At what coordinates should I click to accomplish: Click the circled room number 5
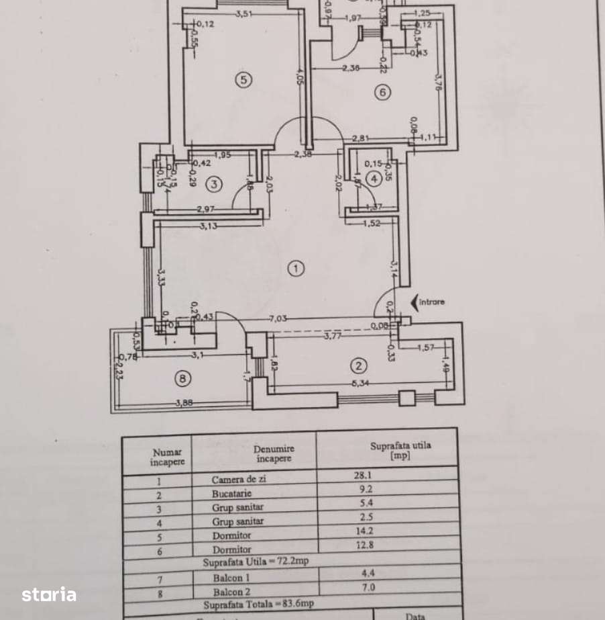243,80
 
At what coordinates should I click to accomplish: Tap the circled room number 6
382,92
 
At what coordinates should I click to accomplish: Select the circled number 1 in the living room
295,269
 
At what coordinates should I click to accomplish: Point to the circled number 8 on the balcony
182,379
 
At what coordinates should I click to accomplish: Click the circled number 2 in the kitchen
359,366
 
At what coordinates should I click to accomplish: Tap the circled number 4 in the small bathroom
374,178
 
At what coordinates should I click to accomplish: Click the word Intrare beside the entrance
432,302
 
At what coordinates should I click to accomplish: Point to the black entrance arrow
413,302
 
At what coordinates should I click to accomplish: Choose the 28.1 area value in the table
363,476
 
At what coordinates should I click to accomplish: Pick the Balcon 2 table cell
232,592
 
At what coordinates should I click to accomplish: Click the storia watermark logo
49,594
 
